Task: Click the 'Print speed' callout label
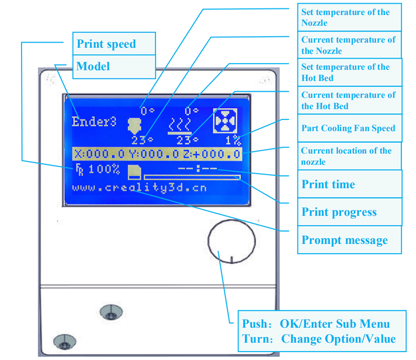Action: tap(106, 44)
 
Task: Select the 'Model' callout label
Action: tap(93, 66)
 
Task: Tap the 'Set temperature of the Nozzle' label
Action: tap(345, 17)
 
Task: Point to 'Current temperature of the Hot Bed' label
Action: tap(348, 101)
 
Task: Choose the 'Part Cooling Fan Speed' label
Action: tap(348, 128)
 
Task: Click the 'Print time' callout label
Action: tap(328, 184)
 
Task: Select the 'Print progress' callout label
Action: tap(339, 212)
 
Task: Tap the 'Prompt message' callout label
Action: tap(344, 240)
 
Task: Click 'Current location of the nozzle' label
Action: tap(346, 156)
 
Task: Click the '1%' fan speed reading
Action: tap(233, 141)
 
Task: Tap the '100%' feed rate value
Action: tap(104, 169)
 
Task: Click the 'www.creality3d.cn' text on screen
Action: tap(139, 187)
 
